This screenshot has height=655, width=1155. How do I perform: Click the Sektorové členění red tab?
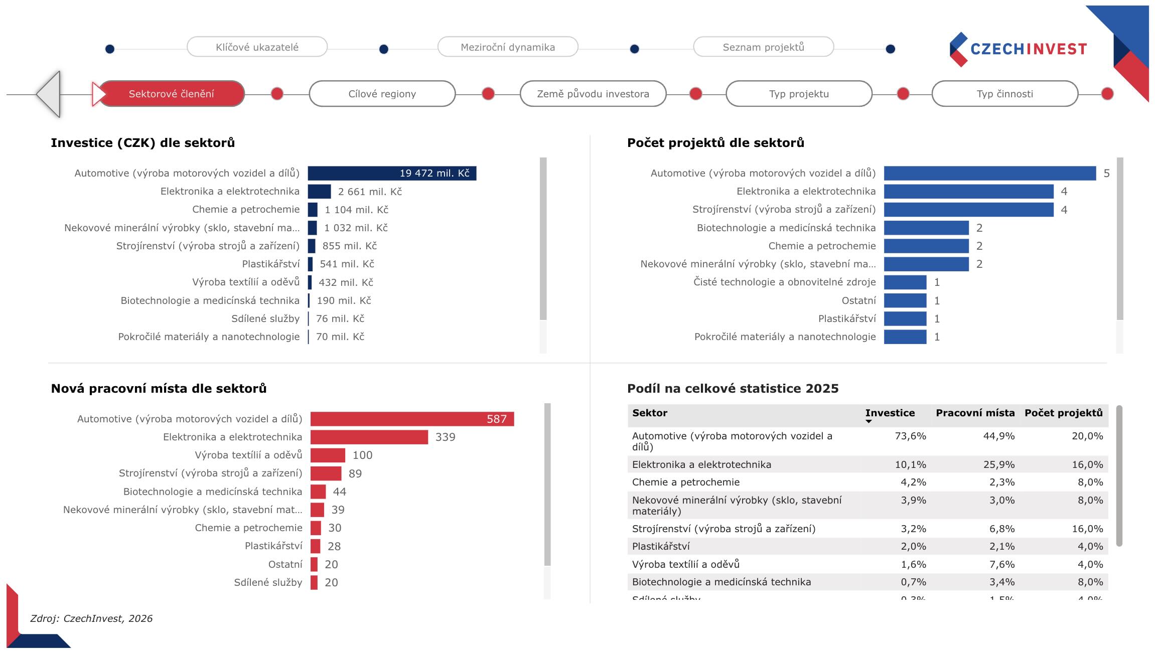point(171,94)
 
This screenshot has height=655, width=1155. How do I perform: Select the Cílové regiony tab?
point(382,94)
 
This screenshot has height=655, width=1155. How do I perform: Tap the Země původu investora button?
point(593,94)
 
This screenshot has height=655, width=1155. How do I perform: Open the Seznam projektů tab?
point(763,47)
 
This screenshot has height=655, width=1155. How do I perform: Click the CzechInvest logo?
point(1019,49)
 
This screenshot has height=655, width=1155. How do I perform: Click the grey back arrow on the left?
point(49,94)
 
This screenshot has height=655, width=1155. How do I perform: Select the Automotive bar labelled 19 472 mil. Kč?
point(391,174)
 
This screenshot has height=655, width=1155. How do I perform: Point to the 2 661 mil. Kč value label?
point(370,192)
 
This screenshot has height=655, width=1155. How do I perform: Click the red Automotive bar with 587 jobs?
point(411,419)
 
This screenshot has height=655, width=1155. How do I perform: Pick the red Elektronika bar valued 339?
point(369,437)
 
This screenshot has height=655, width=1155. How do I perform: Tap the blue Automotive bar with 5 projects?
point(989,174)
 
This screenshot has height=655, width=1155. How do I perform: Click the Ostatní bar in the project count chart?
point(905,300)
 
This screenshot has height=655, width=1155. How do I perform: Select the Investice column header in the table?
point(890,413)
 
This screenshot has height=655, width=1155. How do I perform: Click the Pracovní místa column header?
point(975,413)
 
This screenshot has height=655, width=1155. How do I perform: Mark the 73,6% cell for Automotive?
point(910,436)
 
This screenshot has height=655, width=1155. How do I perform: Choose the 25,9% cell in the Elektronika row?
point(998,464)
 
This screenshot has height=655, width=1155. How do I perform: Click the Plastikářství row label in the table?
point(661,546)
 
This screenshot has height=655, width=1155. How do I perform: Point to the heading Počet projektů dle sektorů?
point(715,143)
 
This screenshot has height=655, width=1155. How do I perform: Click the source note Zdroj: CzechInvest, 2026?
point(91,618)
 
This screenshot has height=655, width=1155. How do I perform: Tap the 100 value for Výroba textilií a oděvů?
point(362,455)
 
